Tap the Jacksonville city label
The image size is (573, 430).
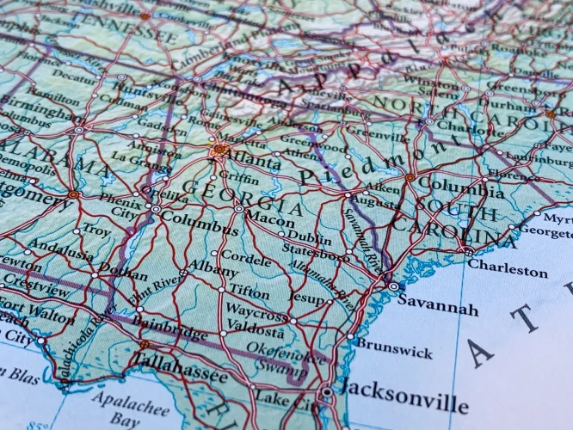coord(404,399)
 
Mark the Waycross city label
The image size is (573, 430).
coord(257,312)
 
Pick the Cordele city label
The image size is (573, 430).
coord(247,255)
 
